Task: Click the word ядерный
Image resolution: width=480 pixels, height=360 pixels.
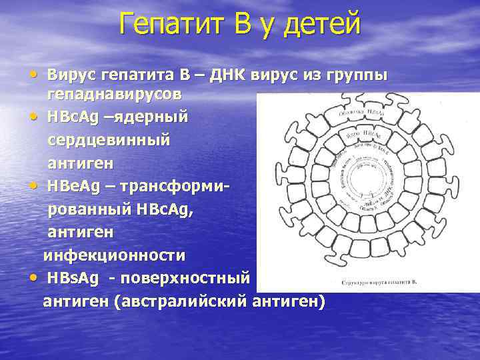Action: click(151, 117)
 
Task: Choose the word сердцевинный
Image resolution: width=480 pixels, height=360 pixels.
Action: click(108, 139)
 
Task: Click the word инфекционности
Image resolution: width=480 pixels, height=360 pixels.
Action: click(114, 255)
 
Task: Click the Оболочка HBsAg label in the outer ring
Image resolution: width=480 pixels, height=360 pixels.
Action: click(363, 112)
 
